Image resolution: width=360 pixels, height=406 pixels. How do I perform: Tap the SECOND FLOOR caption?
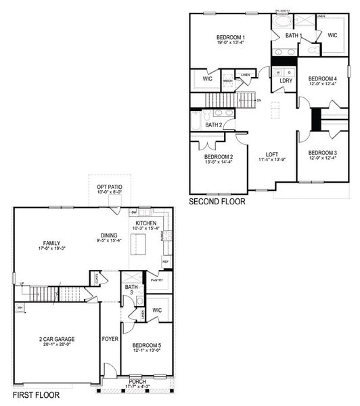pyautogui.click(x=217, y=202)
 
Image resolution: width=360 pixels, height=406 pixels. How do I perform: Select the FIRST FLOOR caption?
pyautogui.click(x=36, y=394)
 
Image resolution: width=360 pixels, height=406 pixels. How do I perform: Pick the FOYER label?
pyautogui.click(x=110, y=338)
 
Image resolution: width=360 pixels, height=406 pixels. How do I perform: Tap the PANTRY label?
pyautogui.click(x=156, y=279)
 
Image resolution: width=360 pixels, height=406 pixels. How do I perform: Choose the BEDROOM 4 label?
pyautogui.click(x=321, y=78)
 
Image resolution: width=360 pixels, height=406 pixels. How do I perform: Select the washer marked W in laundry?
pyautogui.click(x=278, y=70)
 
